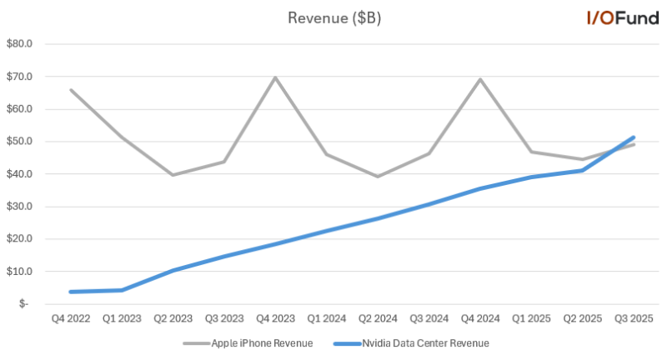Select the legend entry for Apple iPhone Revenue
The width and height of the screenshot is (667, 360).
pos(248,342)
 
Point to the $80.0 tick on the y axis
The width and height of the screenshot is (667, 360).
pos(18,43)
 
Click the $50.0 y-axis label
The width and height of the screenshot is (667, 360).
pos(18,142)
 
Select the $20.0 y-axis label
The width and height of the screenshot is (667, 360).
pos(18,239)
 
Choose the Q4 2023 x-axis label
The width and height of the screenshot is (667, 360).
pos(274,317)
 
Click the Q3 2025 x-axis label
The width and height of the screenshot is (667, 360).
pos(634,317)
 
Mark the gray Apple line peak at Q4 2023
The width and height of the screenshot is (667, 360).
pos(274,77)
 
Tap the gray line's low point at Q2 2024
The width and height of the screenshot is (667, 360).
pos(377,177)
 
